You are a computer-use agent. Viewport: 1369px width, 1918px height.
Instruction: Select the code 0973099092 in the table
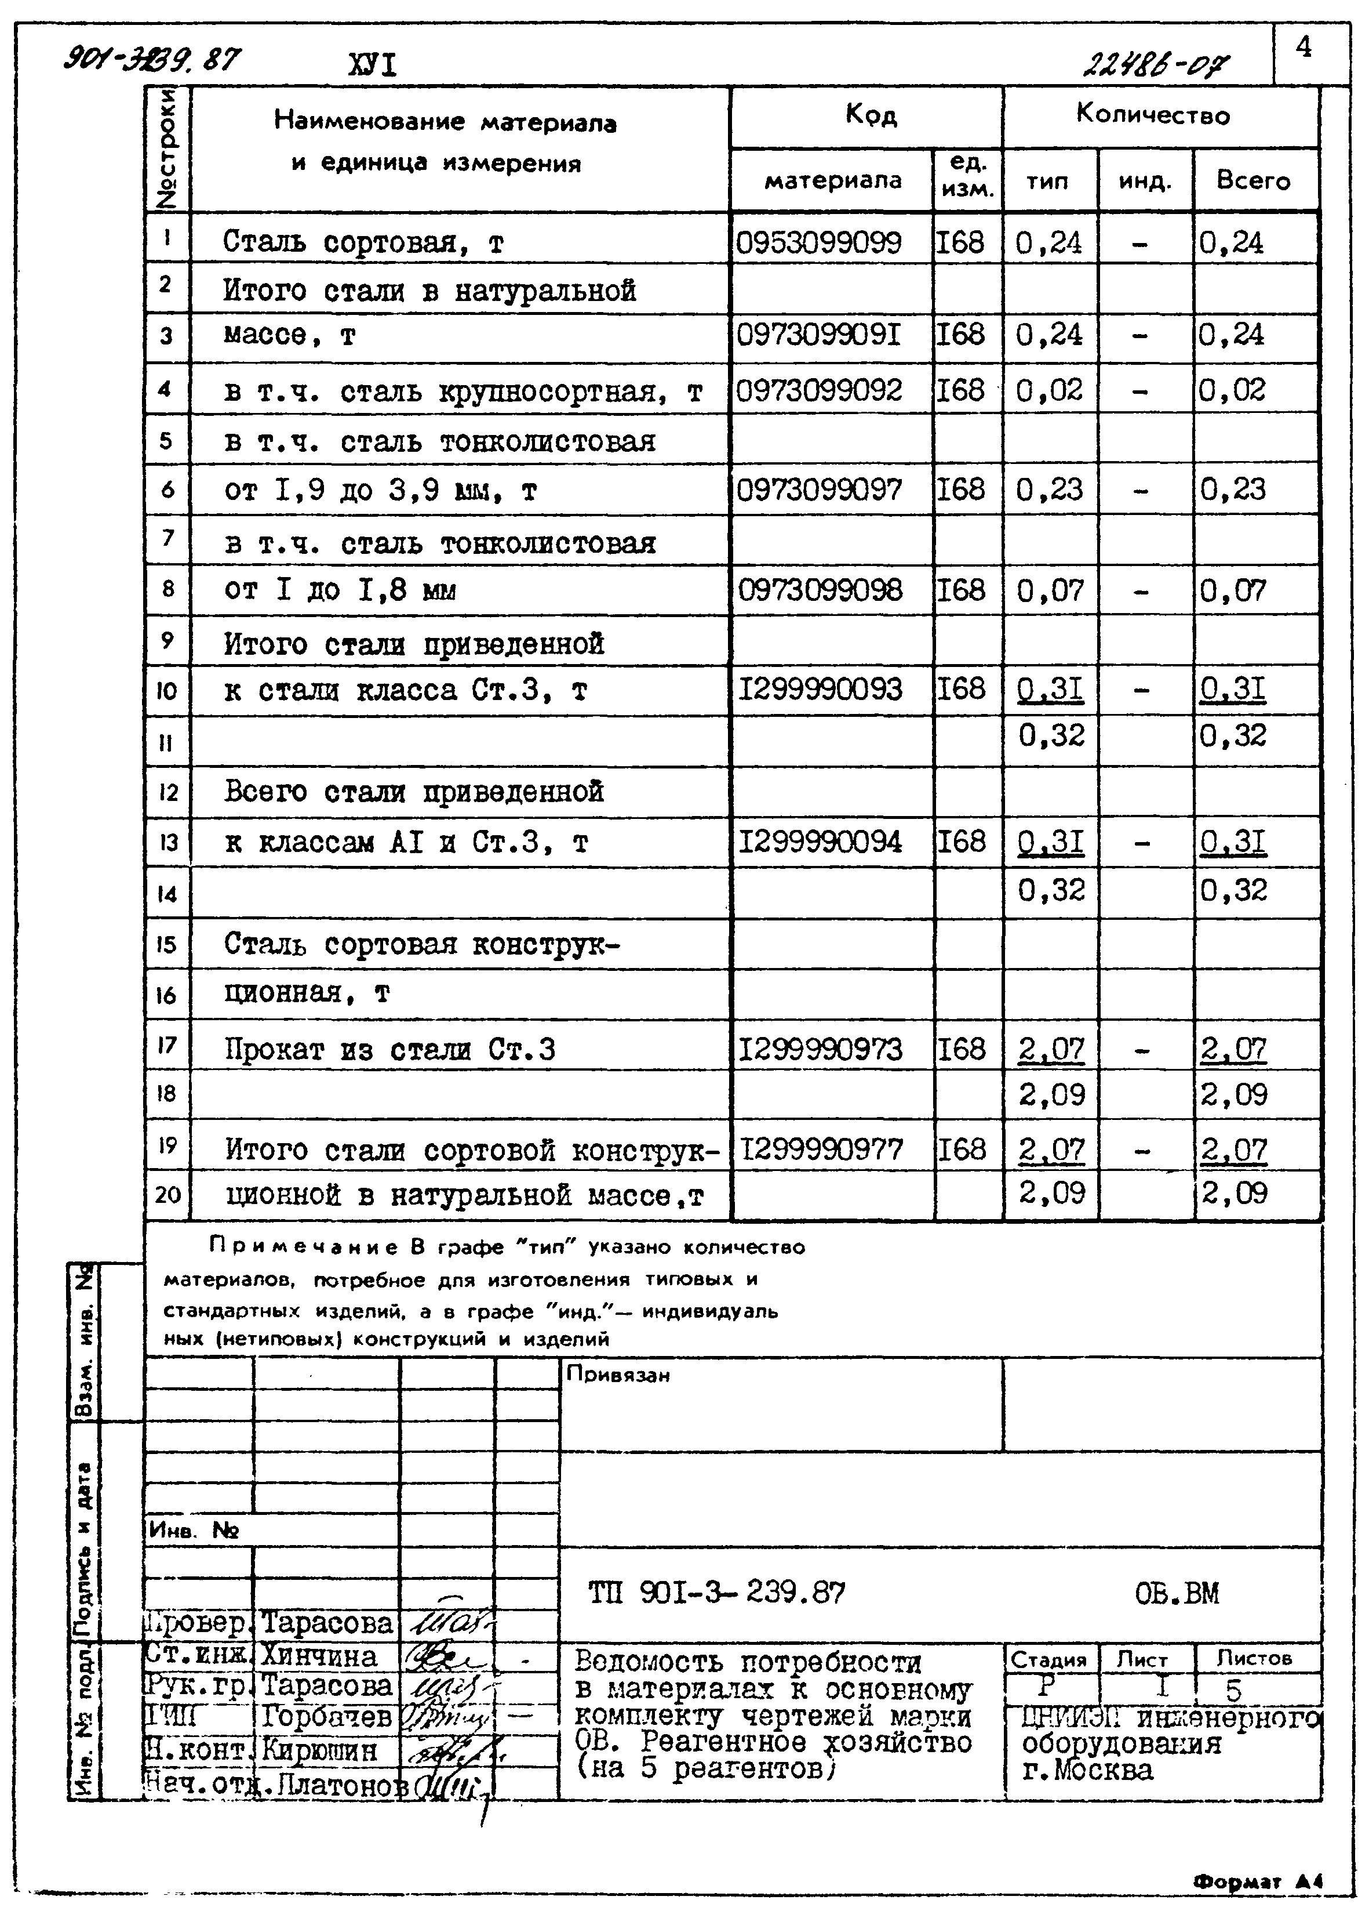pyautogui.click(x=820, y=390)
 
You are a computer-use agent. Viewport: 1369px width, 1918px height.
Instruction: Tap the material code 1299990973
pyautogui.click(x=820, y=1049)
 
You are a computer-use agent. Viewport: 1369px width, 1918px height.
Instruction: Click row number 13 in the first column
pyautogui.click(x=168, y=842)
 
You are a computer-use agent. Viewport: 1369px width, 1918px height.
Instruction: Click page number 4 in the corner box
pyautogui.click(x=1304, y=47)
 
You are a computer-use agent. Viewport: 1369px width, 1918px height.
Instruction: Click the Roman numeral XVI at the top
pyautogui.click(x=372, y=65)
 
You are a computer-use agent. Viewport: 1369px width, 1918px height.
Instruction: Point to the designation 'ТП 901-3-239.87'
pyautogui.click(x=716, y=1593)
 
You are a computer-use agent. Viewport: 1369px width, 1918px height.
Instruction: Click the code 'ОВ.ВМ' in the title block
pyautogui.click(x=1176, y=1593)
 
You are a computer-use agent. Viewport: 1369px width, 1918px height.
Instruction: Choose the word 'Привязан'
pyautogui.click(x=618, y=1375)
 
